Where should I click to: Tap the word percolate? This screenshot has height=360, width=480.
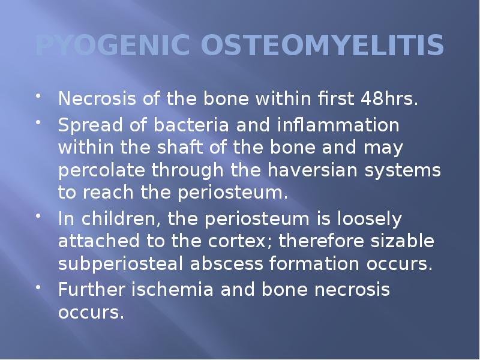pyautogui.click(x=103, y=170)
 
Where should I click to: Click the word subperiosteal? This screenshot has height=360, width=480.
pyautogui.click(x=121, y=265)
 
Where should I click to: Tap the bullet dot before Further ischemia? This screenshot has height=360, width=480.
pyautogui.click(x=40, y=287)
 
